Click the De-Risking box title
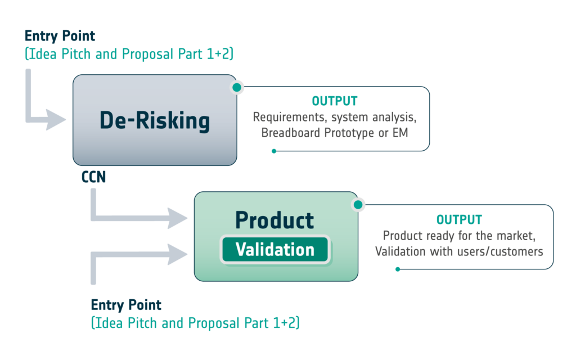point(155,120)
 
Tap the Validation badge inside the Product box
point(275,249)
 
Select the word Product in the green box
point(274,220)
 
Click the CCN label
point(94,177)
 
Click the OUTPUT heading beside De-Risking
point(335,101)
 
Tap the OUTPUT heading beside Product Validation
point(459,220)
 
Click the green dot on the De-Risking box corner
point(237,87)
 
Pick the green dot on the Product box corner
point(358,205)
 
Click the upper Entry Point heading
point(60,36)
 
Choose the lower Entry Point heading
point(126,305)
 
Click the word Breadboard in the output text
point(285,133)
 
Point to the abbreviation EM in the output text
point(400,133)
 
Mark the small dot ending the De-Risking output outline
point(274,151)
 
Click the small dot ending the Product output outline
point(398,269)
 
